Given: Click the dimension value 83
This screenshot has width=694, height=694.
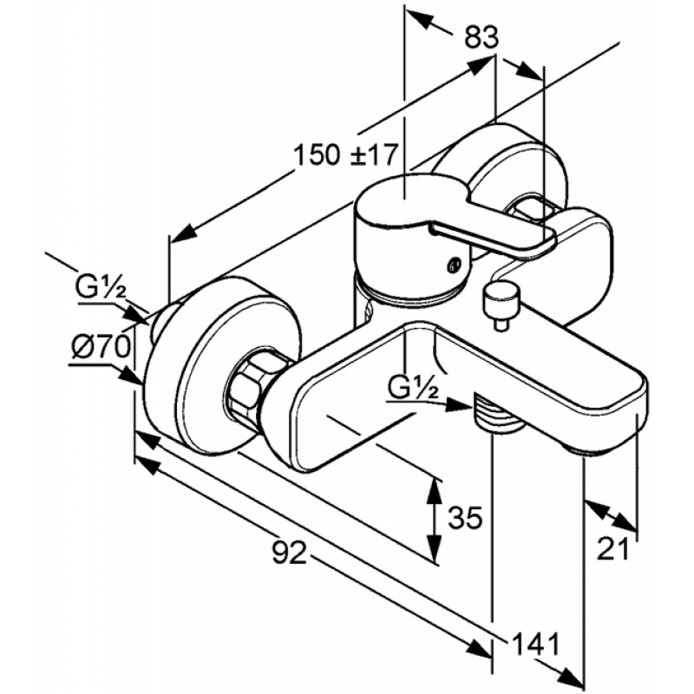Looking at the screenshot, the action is point(481,37).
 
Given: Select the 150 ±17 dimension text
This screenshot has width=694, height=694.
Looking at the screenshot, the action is point(346,155).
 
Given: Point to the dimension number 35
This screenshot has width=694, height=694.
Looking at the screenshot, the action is point(465,517).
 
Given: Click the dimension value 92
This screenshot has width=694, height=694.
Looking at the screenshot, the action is point(290,552).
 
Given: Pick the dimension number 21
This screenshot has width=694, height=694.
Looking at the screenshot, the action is point(613,549).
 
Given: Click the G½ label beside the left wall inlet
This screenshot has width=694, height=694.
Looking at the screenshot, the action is point(101,288).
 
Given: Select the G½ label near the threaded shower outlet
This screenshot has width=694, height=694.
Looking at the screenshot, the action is point(414,389).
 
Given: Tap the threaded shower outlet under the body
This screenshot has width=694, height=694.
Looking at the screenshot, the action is point(494,414).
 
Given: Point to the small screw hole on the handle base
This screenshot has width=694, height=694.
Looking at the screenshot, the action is point(453,265).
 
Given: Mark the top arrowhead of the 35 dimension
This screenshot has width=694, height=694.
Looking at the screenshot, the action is point(435,491).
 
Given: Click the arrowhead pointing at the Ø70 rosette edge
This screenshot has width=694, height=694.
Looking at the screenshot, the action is point(132,376).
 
